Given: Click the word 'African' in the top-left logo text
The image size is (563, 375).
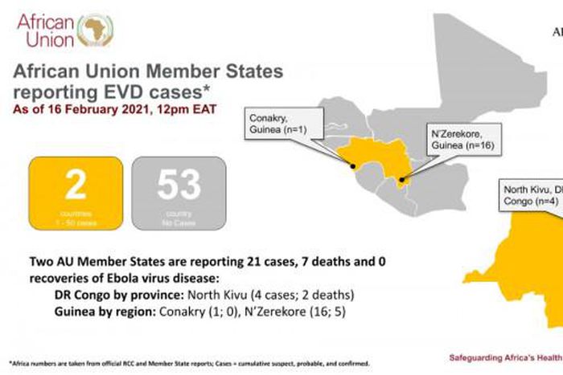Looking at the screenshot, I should [x=45, y=20].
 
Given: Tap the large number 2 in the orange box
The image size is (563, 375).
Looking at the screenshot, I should [x=75, y=185].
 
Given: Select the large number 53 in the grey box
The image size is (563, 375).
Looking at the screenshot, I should [x=179, y=185].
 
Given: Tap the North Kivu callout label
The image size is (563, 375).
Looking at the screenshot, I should [x=531, y=196].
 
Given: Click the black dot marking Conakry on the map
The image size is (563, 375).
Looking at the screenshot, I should [x=353, y=167].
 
